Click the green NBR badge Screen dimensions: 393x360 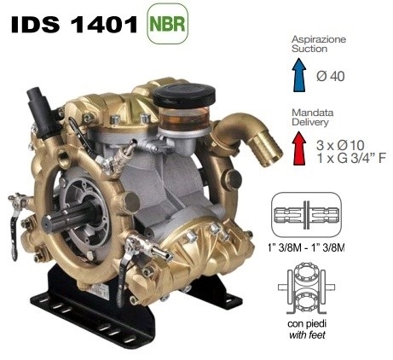click(167, 24)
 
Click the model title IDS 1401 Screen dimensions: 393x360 click(74, 24)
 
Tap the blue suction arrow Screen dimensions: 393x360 click(299, 75)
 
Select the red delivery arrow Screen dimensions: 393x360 click(299, 148)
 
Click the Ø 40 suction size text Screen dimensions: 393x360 click(330, 76)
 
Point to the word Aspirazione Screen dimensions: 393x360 click(319, 39)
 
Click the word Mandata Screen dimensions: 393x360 click(313, 113)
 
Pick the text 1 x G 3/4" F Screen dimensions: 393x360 click(351, 158)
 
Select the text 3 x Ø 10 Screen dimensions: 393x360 click(340, 145)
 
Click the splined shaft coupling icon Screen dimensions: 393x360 click(306, 215)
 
